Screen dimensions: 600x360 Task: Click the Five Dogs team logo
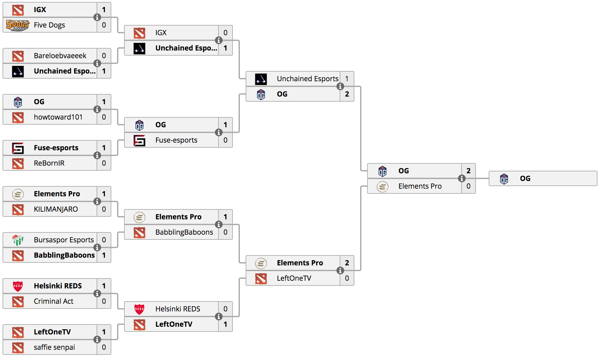coord(18,25)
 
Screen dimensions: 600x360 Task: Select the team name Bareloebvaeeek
coord(60,56)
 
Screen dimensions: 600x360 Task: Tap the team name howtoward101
coord(58,117)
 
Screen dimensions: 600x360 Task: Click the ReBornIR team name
coord(49,163)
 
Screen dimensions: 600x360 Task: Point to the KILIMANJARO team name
coord(56,209)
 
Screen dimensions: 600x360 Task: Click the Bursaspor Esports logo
coord(18,240)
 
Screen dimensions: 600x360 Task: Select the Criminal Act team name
coord(54,301)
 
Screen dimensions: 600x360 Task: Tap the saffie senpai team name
coord(54,347)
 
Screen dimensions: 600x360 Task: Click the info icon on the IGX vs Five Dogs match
coord(97,17)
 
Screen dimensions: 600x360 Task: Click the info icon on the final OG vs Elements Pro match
coord(462,178)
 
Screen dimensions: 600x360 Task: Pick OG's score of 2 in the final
coord(469,171)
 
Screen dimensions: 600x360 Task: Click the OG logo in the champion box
coord(504,179)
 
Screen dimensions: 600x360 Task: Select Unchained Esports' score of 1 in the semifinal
coord(347,79)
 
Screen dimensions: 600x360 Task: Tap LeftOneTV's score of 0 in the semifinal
coord(347,278)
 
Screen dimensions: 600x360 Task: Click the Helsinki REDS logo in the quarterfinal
coord(139,309)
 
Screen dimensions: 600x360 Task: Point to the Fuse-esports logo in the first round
coord(18,148)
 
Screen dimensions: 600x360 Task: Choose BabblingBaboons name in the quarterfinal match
coord(184,232)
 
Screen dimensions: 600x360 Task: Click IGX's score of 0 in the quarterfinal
coord(225,33)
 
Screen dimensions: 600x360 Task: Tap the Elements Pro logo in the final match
coord(383,186)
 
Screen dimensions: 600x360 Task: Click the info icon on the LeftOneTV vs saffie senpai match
coord(97,340)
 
